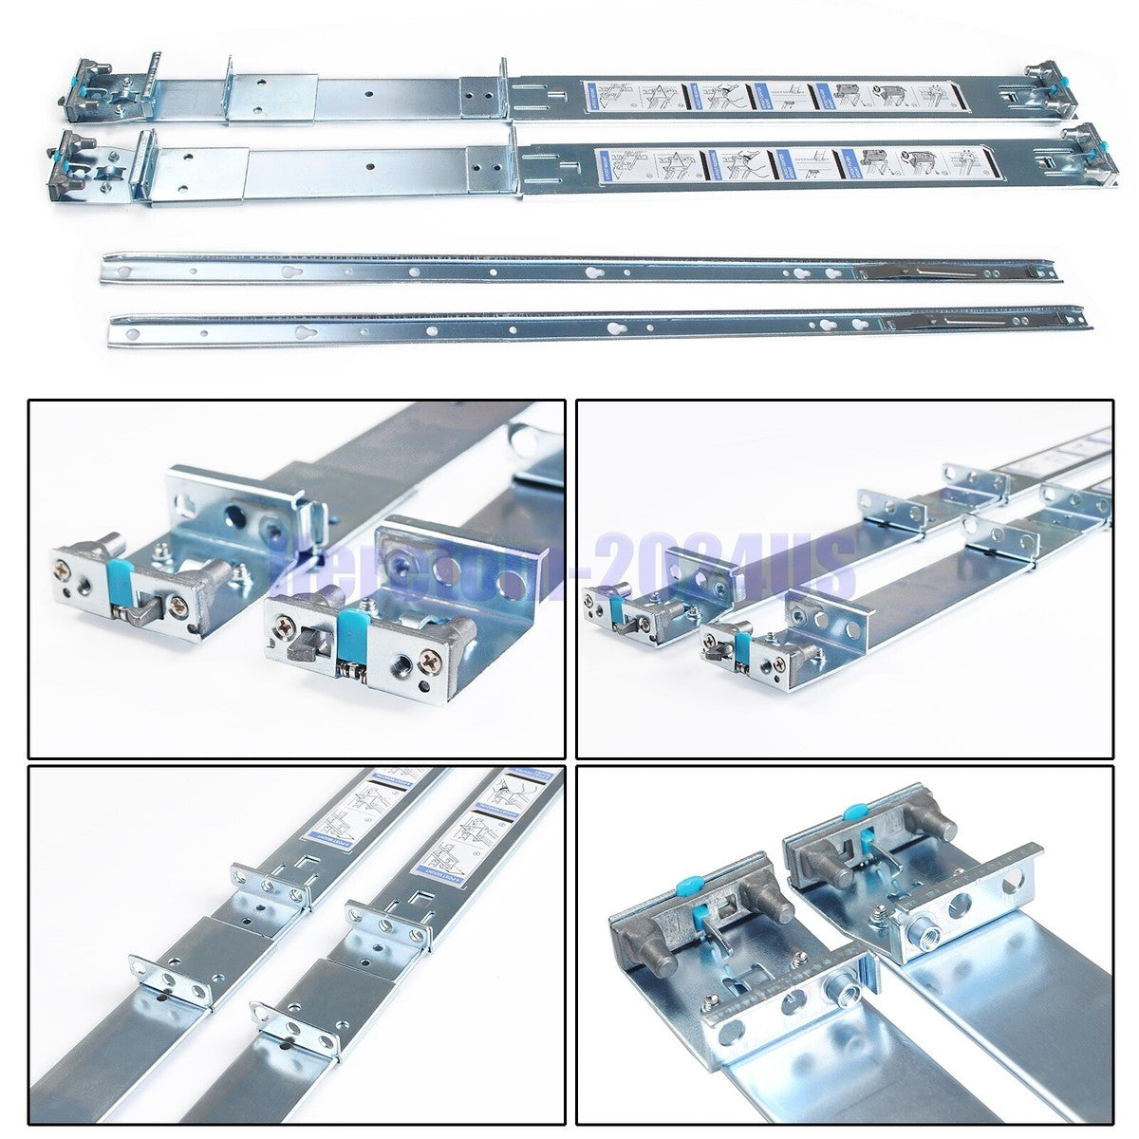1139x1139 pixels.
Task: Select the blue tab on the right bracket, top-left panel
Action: [349, 626]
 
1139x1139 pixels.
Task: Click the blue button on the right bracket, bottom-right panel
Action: [853, 813]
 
